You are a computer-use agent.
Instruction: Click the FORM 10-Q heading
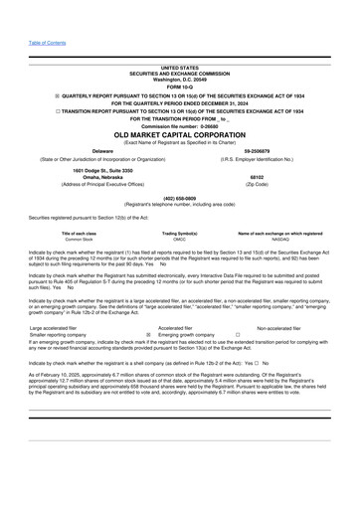point(180,86)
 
